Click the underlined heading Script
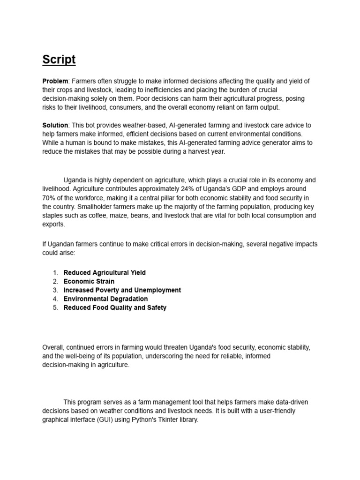click(x=59, y=60)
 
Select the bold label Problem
click(x=55, y=81)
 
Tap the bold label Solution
click(x=55, y=125)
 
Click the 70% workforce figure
click(x=49, y=198)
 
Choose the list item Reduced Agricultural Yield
click(x=105, y=272)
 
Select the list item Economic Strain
click(x=89, y=281)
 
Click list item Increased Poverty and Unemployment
click(x=122, y=290)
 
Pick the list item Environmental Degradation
click(x=105, y=299)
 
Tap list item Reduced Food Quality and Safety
click(x=115, y=307)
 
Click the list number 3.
click(x=55, y=290)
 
